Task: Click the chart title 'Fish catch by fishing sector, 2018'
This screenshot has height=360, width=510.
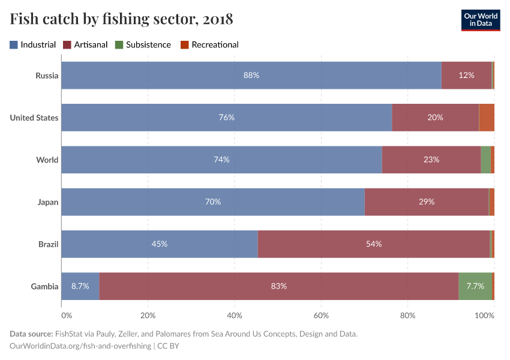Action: tap(121, 19)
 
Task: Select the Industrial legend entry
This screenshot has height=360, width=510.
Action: tap(33, 44)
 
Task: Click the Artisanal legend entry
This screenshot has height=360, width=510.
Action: tap(86, 44)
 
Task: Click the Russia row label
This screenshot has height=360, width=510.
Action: tap(47, 76)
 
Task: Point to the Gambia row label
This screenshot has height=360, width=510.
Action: tap(44, 286)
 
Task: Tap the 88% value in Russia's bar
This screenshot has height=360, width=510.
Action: tap(251, 76)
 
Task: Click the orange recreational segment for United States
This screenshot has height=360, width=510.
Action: tap(487, 118)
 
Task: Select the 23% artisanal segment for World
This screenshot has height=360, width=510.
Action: tap(431, 160)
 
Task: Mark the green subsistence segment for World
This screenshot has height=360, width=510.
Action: tap(485, 160)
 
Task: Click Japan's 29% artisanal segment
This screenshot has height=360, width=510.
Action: tap(427, 202)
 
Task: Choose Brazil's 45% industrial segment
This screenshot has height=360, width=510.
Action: tap(160, 244)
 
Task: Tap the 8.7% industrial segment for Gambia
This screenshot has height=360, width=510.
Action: tap(80, 286)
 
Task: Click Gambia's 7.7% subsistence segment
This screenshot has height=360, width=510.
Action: tap(475, 286)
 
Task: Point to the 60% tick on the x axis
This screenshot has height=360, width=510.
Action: tap(321, 315)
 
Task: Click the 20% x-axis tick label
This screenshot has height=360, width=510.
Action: tap(148, 315)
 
